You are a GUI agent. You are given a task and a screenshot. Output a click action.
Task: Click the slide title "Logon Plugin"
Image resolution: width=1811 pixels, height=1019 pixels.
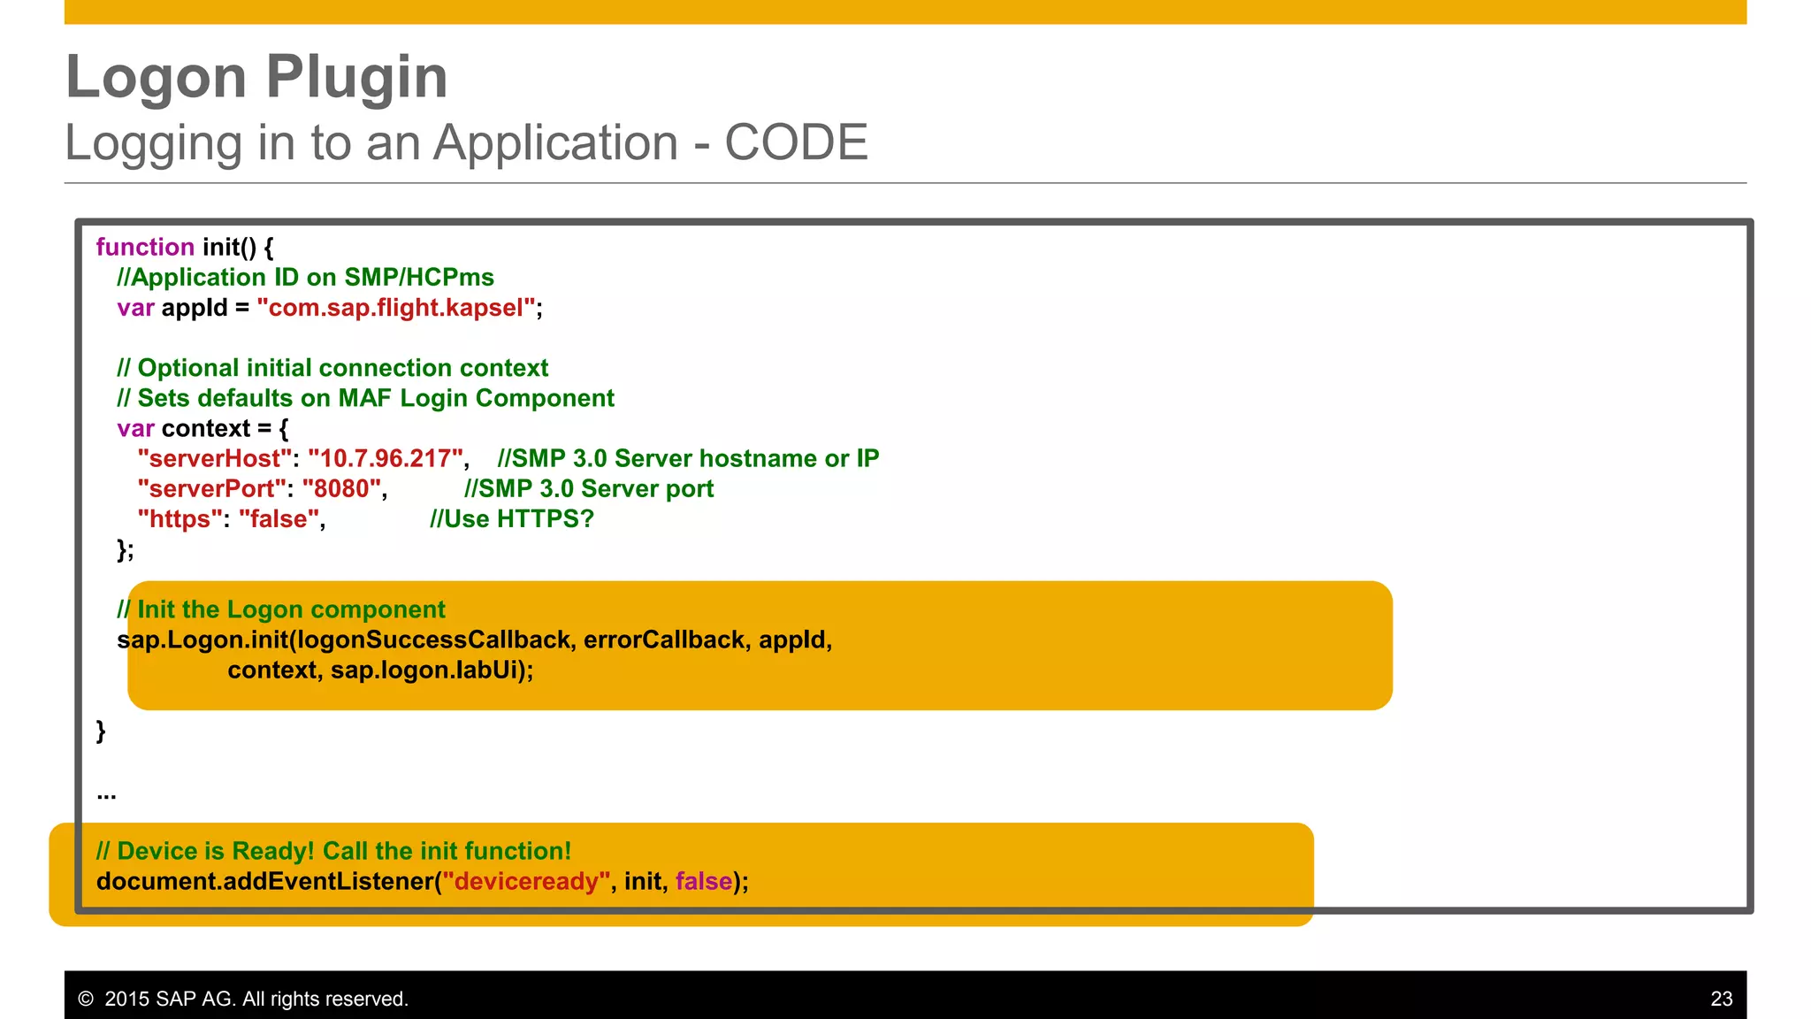[256, 77]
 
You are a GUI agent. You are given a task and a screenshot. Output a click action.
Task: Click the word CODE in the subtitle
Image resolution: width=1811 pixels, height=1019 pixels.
[796, 142]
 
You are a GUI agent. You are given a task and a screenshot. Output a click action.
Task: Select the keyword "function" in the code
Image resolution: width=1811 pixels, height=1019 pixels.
[145, 247]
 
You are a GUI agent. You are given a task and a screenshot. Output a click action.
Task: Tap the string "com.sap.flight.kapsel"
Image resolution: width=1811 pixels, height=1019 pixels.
[396, 308]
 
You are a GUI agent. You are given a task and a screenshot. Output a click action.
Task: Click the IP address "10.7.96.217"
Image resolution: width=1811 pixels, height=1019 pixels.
[386, 458]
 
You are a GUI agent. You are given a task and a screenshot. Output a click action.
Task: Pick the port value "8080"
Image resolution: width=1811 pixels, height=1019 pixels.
[341, 488]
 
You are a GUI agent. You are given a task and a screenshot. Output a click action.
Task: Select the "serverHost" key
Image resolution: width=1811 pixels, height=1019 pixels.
[214, 458]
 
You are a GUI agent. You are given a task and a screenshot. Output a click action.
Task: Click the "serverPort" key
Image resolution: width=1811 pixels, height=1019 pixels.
[211, 488]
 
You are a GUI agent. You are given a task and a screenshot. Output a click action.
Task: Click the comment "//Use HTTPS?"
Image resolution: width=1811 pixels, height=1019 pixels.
[511, 518]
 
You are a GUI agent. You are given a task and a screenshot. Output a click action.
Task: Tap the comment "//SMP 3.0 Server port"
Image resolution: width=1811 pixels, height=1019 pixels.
[589, 488]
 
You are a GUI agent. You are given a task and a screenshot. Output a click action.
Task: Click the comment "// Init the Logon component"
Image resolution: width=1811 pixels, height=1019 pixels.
[281, 609]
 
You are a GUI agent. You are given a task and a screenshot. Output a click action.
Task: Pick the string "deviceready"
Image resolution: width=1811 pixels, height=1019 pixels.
[526, 881]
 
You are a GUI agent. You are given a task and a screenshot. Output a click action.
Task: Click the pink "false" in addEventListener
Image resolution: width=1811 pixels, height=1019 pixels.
[704, 881]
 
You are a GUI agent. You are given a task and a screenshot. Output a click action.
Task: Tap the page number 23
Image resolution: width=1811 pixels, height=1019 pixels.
[1721, 999]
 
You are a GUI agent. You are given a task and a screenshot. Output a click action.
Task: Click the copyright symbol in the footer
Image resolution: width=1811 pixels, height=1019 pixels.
[86, 999]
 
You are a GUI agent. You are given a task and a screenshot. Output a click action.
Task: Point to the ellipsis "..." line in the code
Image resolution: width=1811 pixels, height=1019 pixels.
[106, 794]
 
